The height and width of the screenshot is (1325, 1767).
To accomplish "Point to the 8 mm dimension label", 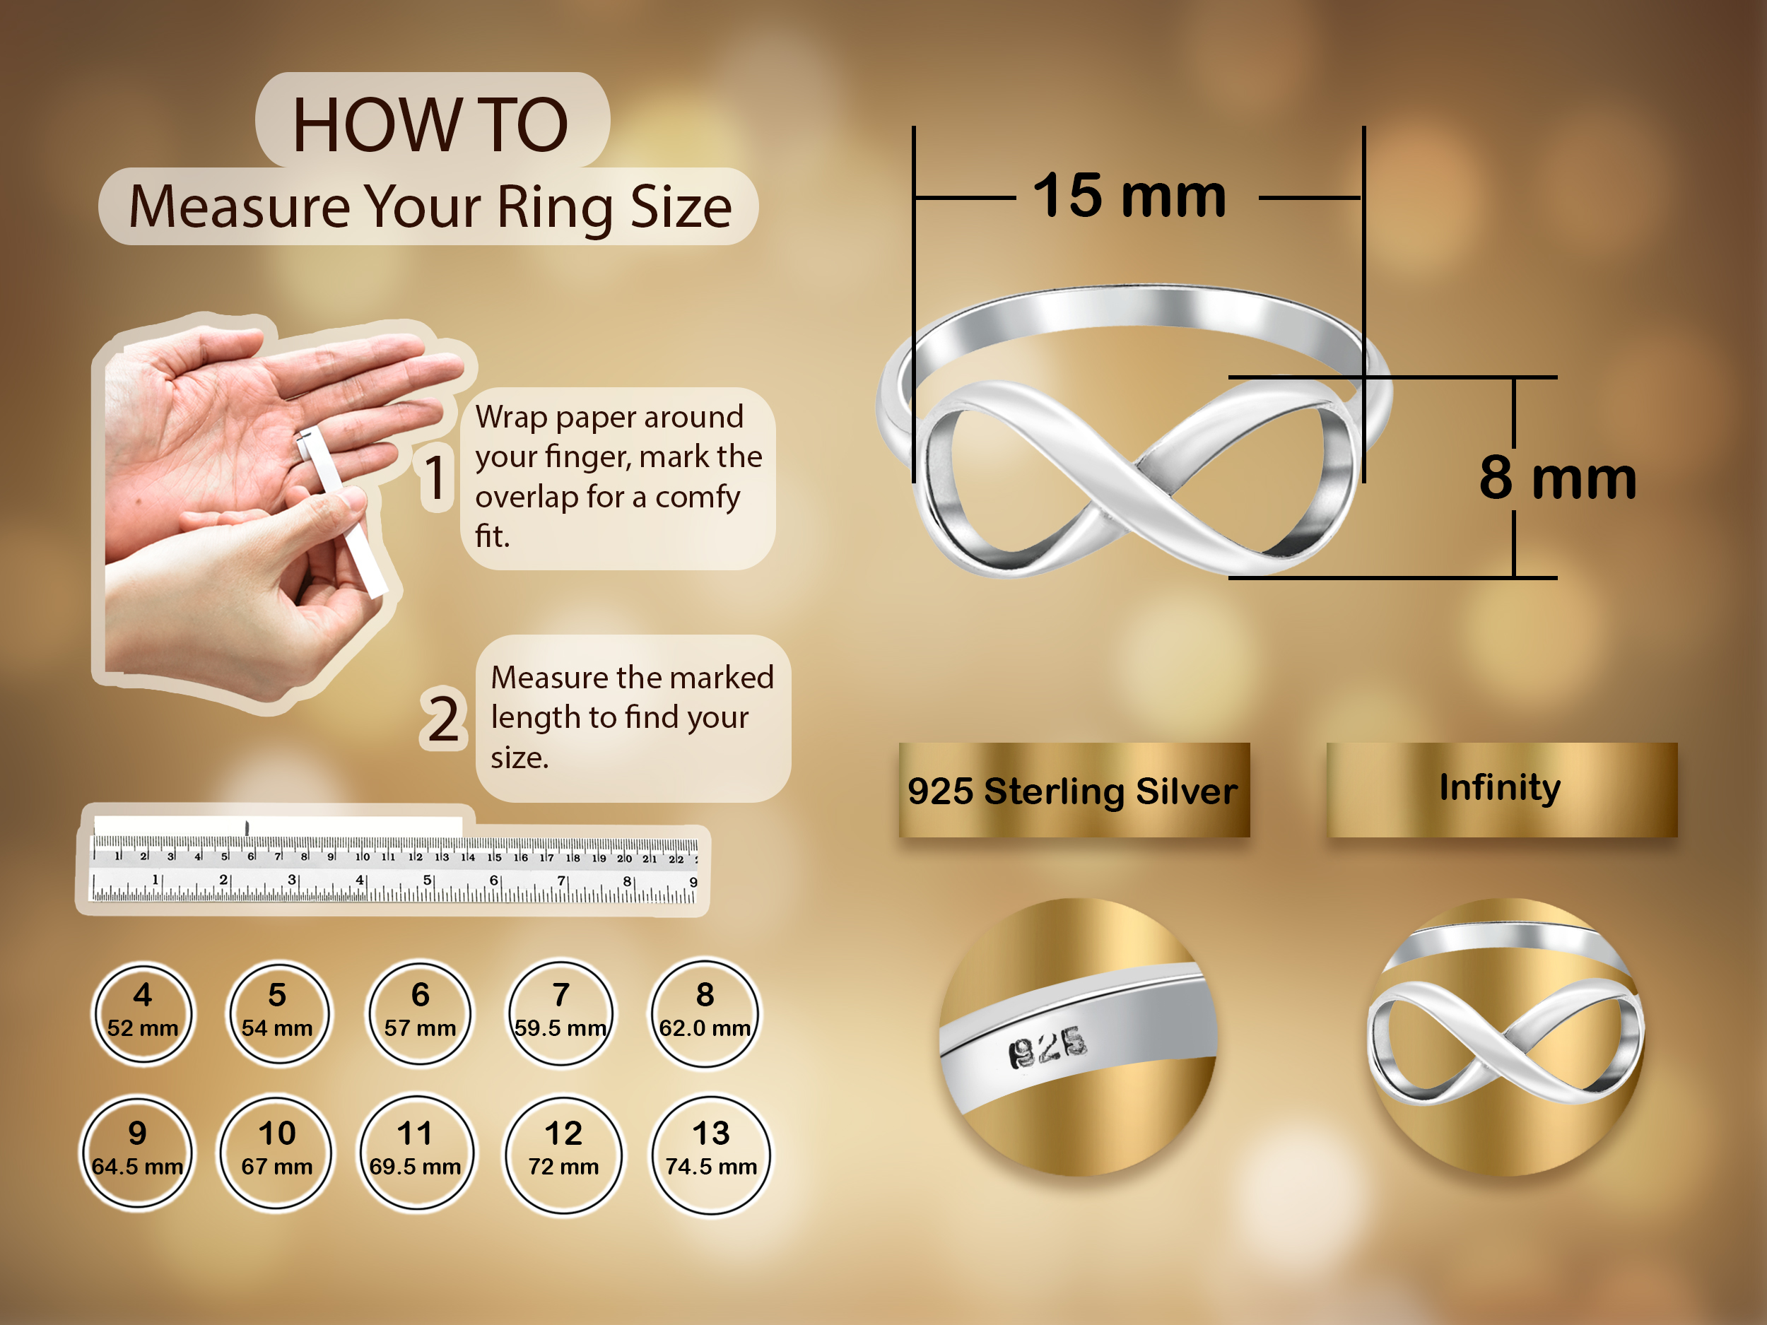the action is point(1557,477).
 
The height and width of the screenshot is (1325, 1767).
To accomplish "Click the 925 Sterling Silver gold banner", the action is point(1074,790).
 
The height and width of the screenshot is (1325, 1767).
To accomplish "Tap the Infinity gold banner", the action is point(1502,790).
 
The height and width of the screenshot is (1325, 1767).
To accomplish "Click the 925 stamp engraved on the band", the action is point(1047,1047).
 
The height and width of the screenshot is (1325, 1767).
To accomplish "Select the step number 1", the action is point(435,478).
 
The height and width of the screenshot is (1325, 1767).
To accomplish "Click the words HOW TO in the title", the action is point(430,124).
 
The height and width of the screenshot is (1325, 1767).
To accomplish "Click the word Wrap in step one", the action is point(511,417).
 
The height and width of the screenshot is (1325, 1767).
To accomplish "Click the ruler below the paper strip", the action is point(394,869).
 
